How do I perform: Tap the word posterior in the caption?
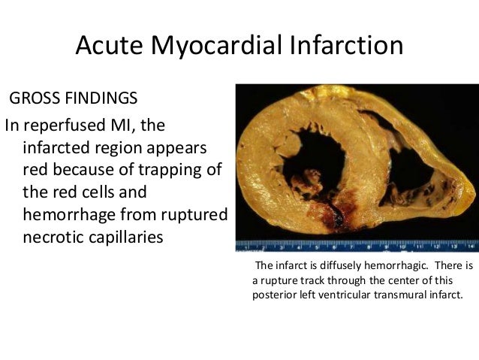pos(274,294)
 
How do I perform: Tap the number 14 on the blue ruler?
pos(471,245)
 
